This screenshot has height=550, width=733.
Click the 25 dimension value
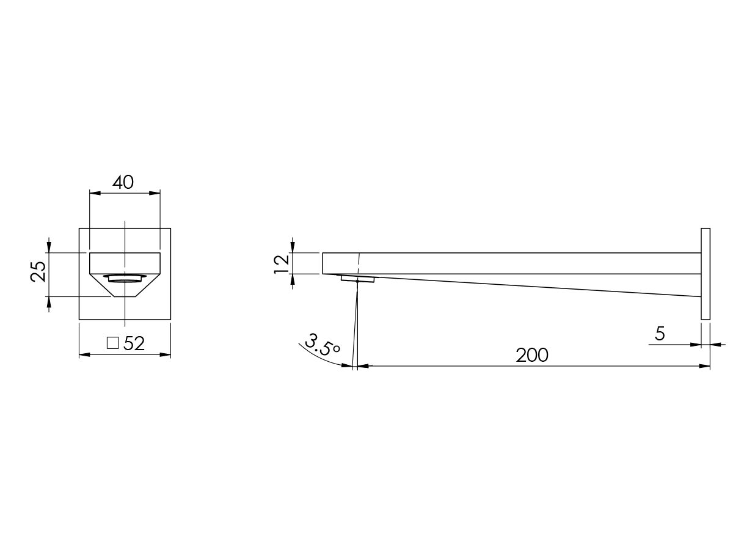tap(38, 271)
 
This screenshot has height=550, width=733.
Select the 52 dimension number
tap(134, 343)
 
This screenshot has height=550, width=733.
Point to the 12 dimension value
tap(282, 263)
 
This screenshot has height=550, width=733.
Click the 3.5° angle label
tap(323, 345)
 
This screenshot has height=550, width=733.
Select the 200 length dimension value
tap(531, 355)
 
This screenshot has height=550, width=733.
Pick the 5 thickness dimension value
tap(659, 334)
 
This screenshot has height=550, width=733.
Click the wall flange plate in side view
tap(705, 274)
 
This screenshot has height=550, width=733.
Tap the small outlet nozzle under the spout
tap(358, 279)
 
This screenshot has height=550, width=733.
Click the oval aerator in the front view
tap(125, 278)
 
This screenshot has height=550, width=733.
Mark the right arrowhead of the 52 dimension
tap(166, 354)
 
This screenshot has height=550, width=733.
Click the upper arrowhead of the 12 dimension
tap(294, 248)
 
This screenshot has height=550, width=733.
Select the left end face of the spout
tap(323, 263)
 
